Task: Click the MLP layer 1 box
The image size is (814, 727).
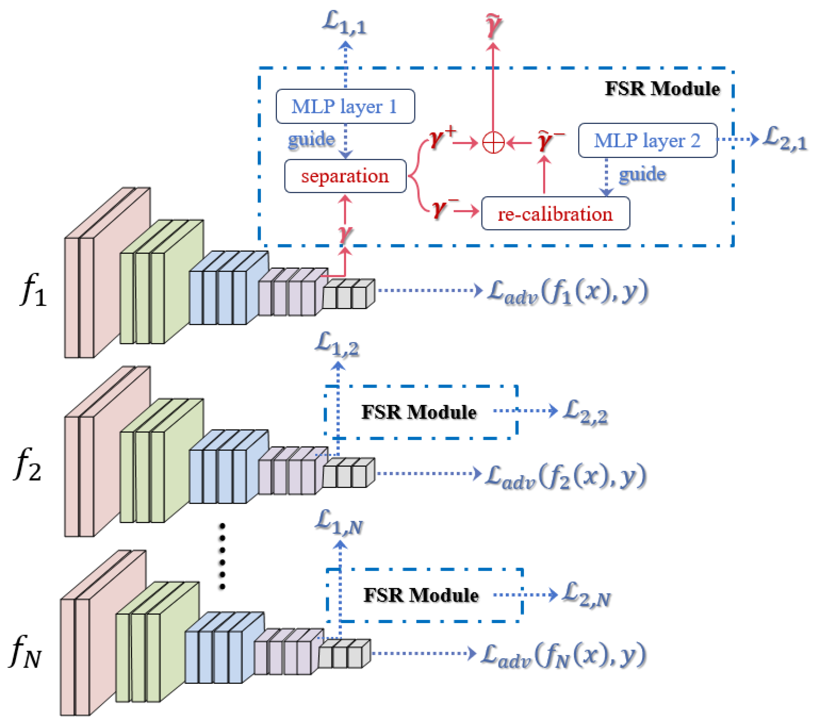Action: click(x=345, y=106)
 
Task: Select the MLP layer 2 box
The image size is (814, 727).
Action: click(x=647, y=140)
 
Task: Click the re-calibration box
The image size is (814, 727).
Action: click(x=555, y=214)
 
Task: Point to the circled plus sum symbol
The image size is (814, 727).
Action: click(x=493, y=142)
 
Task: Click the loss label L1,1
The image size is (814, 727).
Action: click(x=344, y=24)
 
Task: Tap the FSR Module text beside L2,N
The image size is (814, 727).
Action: click(x=421, y=596)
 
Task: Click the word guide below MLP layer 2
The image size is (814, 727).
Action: click(x=642, y=175)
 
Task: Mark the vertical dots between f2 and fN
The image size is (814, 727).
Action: click(x=222, y=556)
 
